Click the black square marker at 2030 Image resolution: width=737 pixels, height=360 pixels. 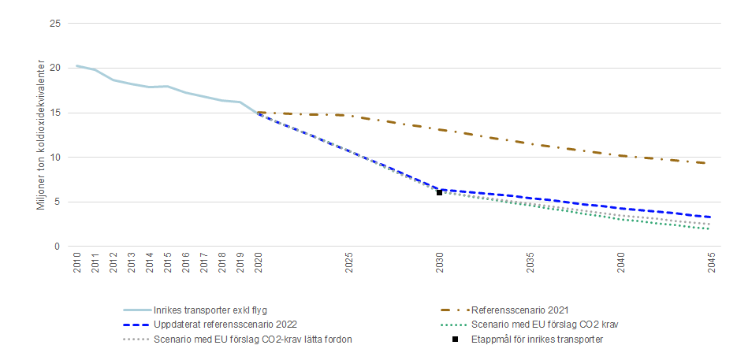click(x=440, y=192)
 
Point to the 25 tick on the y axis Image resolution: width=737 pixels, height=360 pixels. click(x=55, y=24)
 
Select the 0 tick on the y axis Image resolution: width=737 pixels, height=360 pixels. click(x=58, y=247)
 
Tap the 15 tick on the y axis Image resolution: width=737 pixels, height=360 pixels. click(x=55, y=113)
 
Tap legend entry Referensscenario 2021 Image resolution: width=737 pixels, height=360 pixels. click(x=519, y=310)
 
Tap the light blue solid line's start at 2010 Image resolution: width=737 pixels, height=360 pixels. click(x=77, y=66)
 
